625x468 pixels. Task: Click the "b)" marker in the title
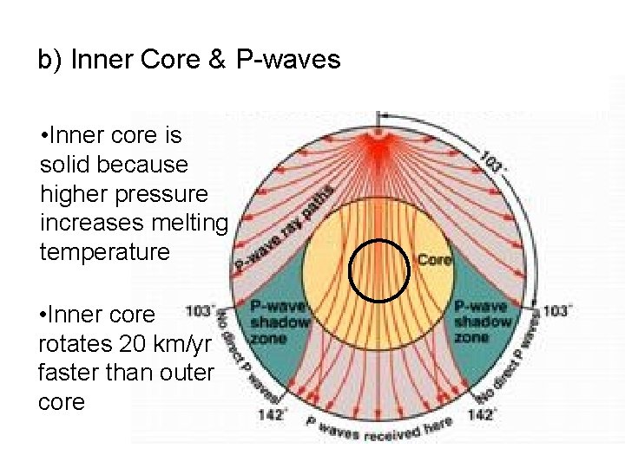point(50,61)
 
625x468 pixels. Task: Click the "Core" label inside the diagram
point(435,259)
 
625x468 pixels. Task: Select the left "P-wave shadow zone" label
point(280,322)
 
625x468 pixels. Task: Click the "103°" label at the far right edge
point(556,310)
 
